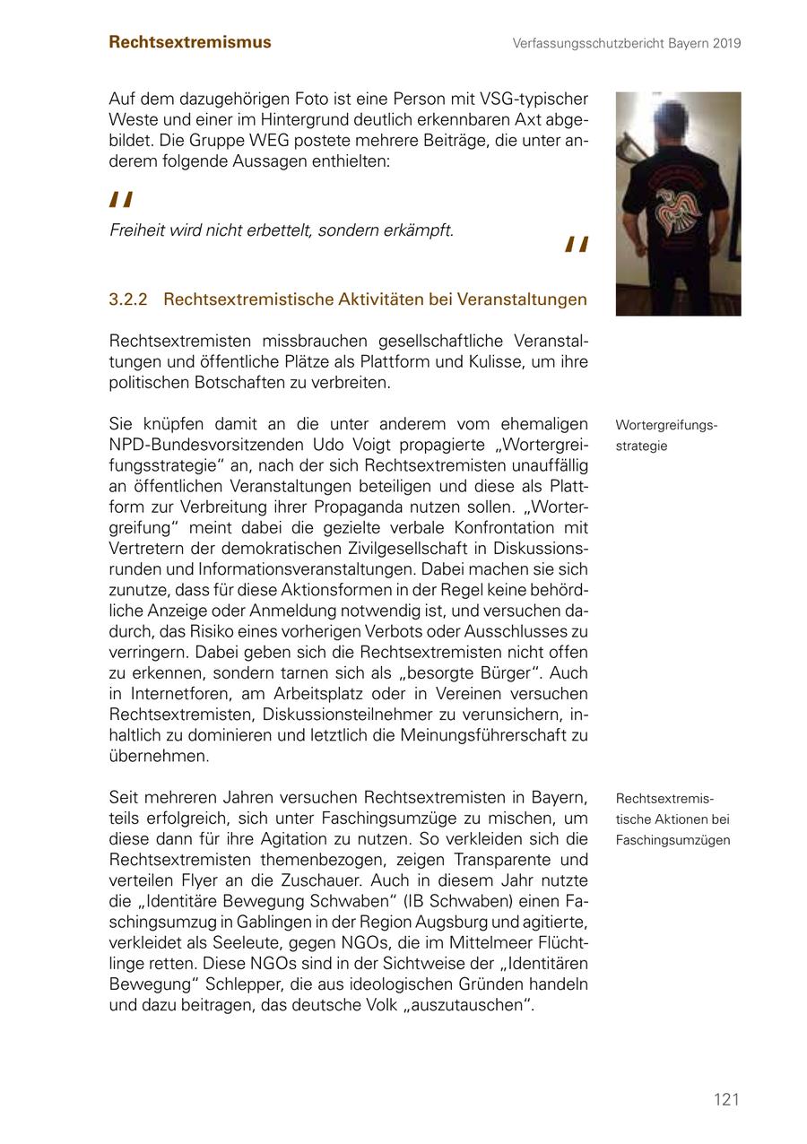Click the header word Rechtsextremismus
pos(189,42)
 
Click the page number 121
pos(726,1099)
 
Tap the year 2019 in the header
pos(727,43)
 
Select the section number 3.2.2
pos(127,299)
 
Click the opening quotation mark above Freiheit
pos(121,200)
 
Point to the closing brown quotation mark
pos(577,246)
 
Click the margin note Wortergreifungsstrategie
pos(666,435)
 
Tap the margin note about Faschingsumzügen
pos(672,819)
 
